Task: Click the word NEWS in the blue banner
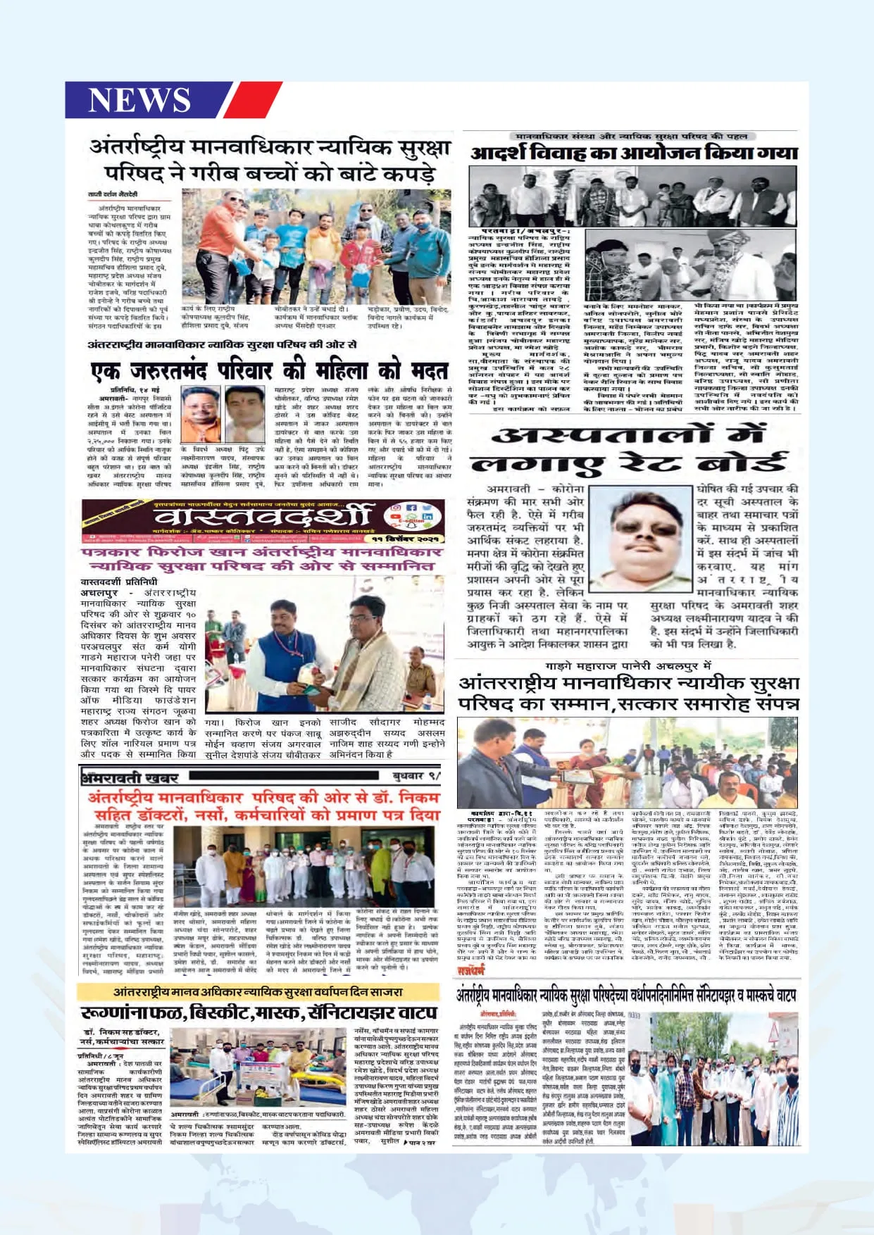click(139, 99)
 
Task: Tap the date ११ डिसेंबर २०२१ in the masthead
click(408, 538)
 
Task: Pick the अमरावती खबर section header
click(130, 777)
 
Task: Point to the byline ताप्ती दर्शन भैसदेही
click(113, 194)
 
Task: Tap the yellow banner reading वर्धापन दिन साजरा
click(258, 991)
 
